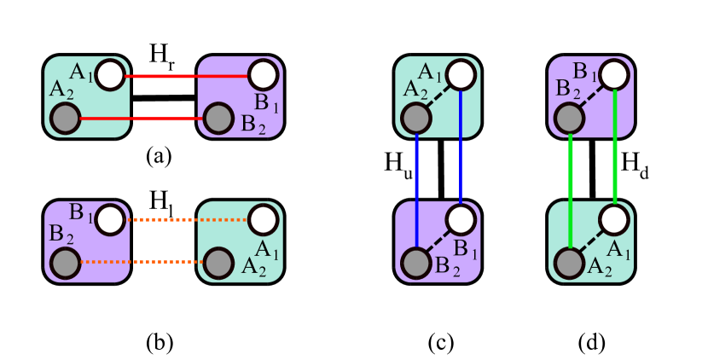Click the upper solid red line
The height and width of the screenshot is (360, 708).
pos(188,76)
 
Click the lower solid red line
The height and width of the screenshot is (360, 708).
pos(141,119)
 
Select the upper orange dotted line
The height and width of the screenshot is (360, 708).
pos(188,220)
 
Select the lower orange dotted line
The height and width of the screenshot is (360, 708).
pos(141,262)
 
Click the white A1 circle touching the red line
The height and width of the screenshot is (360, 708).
pos(110,75)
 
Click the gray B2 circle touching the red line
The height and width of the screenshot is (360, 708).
pos(218,119)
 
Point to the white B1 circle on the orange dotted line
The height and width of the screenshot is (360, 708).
pos(110,220)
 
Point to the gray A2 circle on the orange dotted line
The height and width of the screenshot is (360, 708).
pos(218,263)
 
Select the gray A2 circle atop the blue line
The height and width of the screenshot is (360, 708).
pos(415,118)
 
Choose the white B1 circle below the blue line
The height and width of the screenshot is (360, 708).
pos(461,220)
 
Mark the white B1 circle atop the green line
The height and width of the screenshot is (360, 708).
pos(614,75)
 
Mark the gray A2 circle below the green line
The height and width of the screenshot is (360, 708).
pos(569,263)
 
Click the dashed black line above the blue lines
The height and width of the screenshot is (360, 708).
pos(438,96)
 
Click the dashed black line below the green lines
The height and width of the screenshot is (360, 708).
pos(592,241)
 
